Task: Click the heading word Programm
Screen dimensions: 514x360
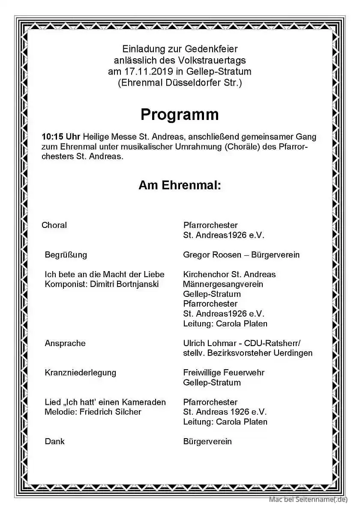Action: [180, 114]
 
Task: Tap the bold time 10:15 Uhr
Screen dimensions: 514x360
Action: [61, 137]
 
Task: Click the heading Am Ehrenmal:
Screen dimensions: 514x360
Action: [180, 185]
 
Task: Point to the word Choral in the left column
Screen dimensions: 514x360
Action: [54, 225]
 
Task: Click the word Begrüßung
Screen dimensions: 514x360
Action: [66, 255]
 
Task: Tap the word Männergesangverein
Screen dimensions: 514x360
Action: [223, 284]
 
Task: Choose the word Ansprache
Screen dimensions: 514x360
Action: [65, 343]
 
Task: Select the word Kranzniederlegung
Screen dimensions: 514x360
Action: [80, 373]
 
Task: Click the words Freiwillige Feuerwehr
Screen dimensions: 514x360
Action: [224, 373]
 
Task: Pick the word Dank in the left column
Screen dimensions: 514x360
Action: [54, 441]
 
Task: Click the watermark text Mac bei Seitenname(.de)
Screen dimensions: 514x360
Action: [308, 499]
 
